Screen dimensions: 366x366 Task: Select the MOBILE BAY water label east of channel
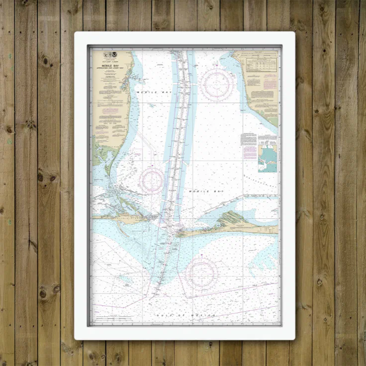(x=201, y=190)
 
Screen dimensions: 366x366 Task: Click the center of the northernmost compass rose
(x=217, y=85)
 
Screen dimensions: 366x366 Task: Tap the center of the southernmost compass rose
(x=201, y=274)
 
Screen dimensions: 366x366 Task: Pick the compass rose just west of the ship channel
(x=152, y=181)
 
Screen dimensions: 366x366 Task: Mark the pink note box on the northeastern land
(x=269, y=83)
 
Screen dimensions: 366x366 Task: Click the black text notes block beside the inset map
(x=249, y=139)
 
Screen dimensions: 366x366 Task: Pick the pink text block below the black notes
(x=250, y=152)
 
